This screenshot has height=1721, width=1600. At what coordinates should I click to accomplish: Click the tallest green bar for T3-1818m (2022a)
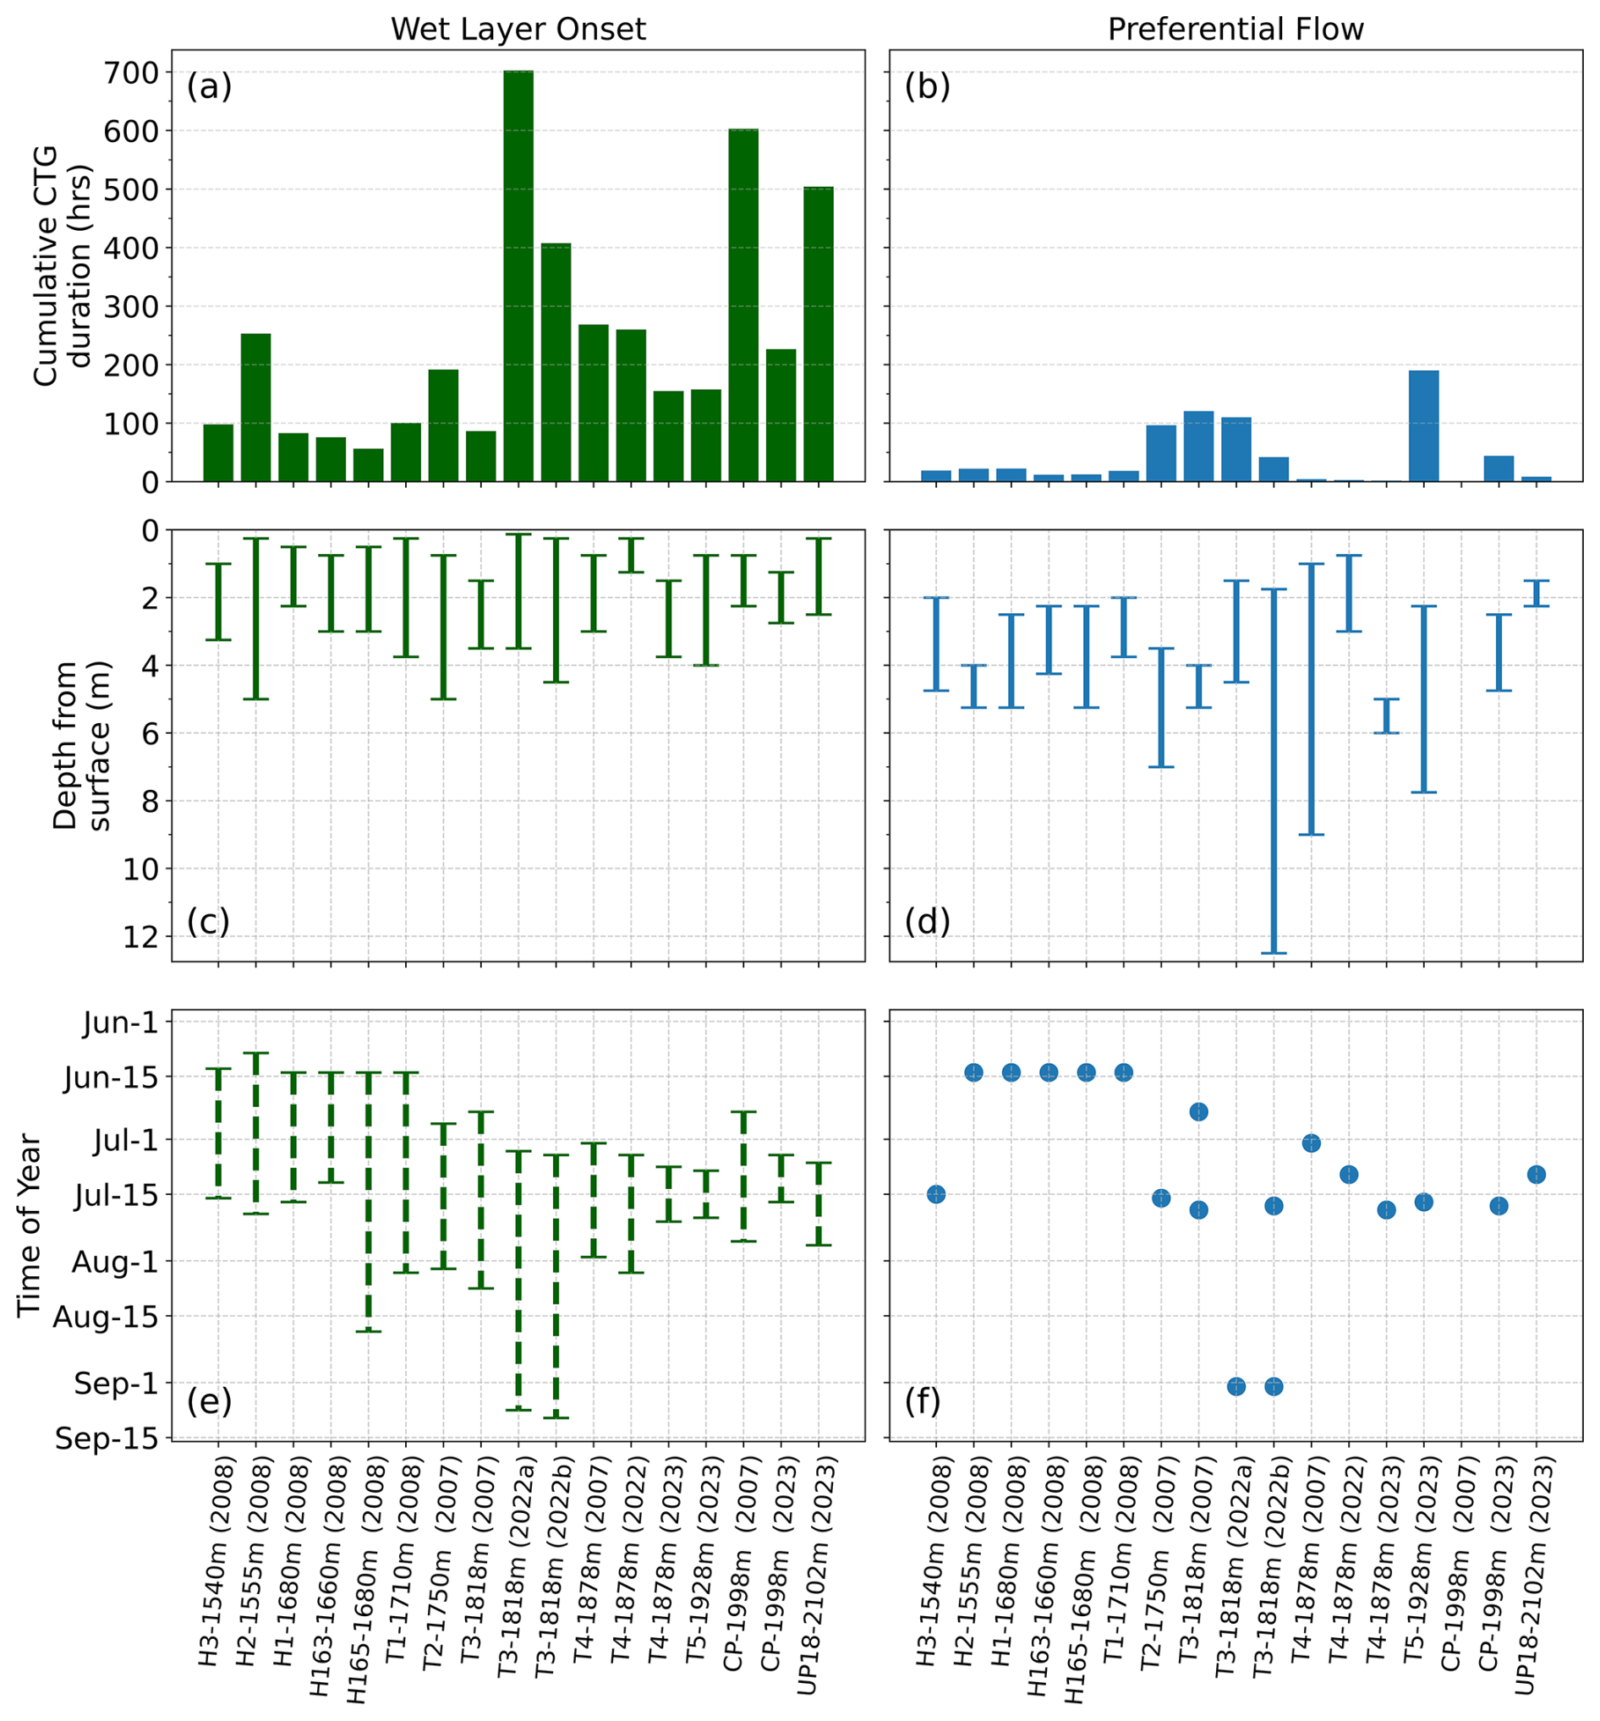pyautogui.click(x=518, y=277)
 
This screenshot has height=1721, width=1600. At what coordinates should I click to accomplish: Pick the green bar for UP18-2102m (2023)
pyautogui.click(x=819, y=334)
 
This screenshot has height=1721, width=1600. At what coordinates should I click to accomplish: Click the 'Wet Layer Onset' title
pyautogui.click(x=518, y=30)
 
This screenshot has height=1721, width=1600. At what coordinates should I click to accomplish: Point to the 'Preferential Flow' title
pyautogui.click(x=1236, y=30)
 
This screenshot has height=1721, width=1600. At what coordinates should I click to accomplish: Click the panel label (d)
pyautogui.click(x=927, y=922)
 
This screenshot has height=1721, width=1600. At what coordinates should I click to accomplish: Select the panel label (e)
pyautogui.click(x=210, y=1400)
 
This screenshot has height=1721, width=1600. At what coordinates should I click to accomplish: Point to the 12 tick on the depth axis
pyautogui.click(x=140, y=937)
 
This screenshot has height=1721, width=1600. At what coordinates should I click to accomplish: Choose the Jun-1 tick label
pyautogui.click(x=121, y=1023)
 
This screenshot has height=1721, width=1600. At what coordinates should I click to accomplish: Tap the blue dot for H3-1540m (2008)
pyautogui.click(x=936, y=1195)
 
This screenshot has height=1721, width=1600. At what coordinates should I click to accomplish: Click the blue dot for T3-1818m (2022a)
pyautogui.click(x=1236, y=1387)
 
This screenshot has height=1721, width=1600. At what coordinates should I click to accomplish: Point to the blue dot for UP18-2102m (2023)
pyautogui.click(x=1537, y=1175)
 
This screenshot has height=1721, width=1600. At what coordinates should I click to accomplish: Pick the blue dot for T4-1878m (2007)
pyautogui.click(x=1311, y=1143)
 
